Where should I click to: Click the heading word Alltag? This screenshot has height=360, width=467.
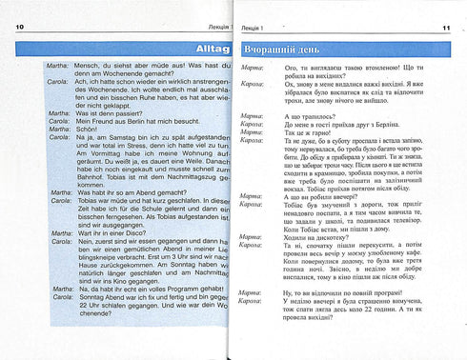(200, 46)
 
